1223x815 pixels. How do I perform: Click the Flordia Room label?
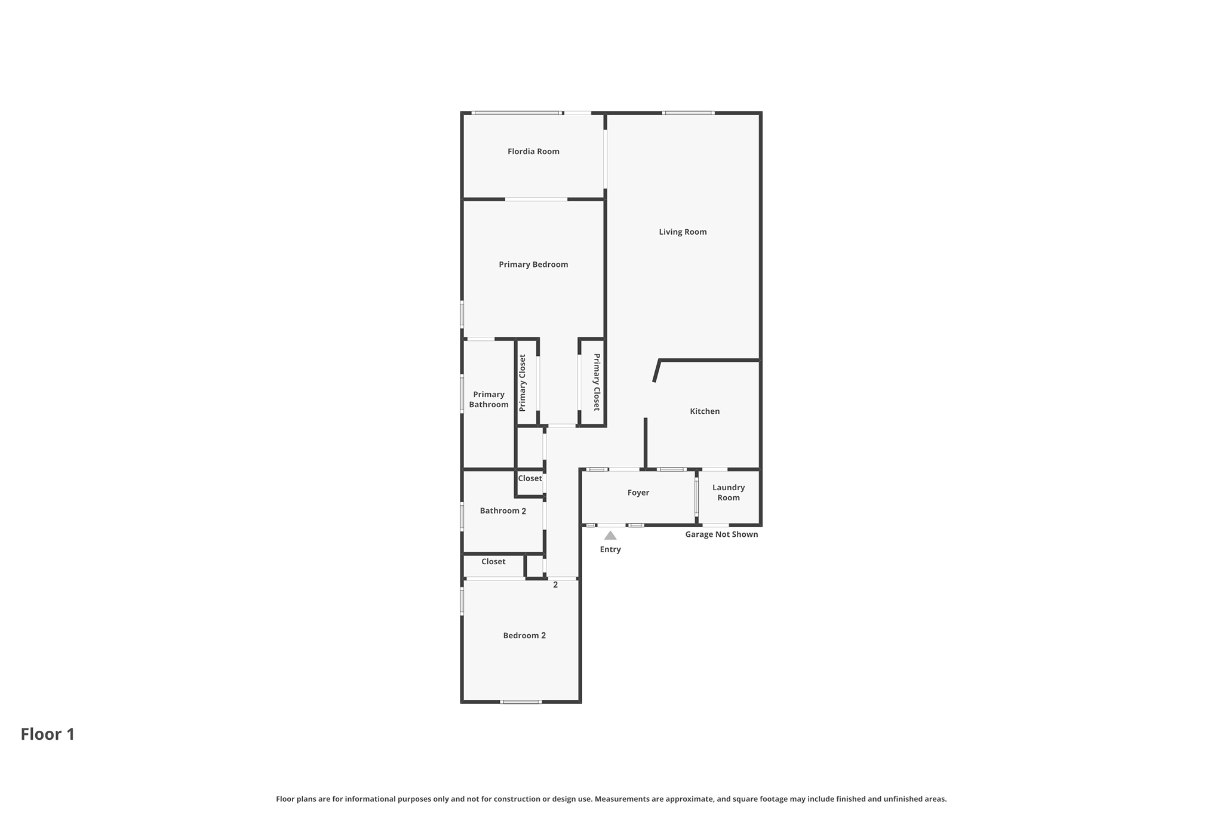pyautogui.click(x=533, y=152)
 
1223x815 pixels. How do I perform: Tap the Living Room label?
pyautogui.click(x=683, y=232)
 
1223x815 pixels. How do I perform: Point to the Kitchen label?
pyautogui.click(x=705, y=411)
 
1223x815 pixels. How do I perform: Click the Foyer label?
pyautogui.click(x=638, y=493)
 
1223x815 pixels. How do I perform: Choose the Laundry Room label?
pyautogui.click(x=729, y=493)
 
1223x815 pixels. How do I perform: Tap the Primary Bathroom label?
pyautogui.click(x=488, y=399)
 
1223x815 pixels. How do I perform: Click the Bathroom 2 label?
pyautogui.click(x=503, y=511)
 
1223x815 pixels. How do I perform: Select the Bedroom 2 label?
pyautogui.click(x=524, y=636)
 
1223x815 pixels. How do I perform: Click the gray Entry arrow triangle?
pyautogui.click(x=610, y=536)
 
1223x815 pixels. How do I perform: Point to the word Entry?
pyautogui.click(x=610, y=550)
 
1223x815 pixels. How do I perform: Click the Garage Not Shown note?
pyautogui.click(x=721, y=534)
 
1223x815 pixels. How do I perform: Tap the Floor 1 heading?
pyautogui.click(x=48, y=734)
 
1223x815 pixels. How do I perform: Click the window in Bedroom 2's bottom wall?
pyautogui.click(x=521, y=702)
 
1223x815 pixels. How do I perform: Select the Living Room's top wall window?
pyautogui.click(x=689, y=113)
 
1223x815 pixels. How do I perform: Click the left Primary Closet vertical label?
pyautogui.click(x=523, y=383)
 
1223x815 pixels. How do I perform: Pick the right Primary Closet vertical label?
pyautogui.click(x=596, y=382)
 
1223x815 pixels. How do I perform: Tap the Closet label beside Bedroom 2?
pyautogui.click(x=493, y=562)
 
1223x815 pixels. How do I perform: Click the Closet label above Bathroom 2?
pyautogui.click(x=530, y=479)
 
